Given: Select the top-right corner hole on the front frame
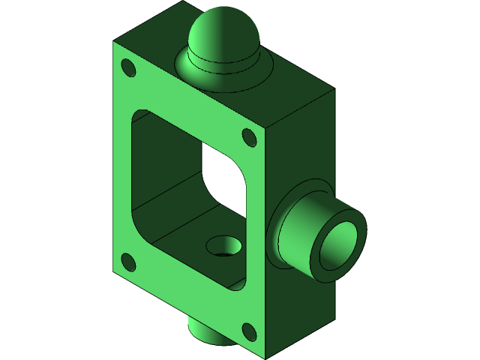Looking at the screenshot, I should click(249, 137).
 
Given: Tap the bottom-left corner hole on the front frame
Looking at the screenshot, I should click(128, 262).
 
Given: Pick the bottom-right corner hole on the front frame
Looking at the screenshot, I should click(248, 330).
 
